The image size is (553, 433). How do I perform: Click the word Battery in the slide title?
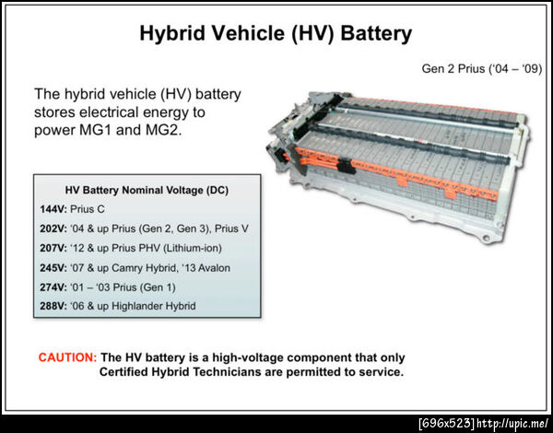tap(376, 33)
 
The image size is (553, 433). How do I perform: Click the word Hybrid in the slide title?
tap(172, 33)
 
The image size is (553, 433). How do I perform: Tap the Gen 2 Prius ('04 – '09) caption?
tap(482, 68)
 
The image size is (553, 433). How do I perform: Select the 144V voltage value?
tap(53, 209)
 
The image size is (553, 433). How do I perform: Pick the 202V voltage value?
tap(53, 228)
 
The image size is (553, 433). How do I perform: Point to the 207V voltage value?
tap(53, 248)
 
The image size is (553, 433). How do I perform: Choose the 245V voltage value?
tap(53, 268)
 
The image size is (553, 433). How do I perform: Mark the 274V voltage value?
tap(53, 287)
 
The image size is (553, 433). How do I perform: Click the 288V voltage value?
tap(53, 306)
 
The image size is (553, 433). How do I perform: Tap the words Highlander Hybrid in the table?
tap(153, 306)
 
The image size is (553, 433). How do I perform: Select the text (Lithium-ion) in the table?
tap(193, 248)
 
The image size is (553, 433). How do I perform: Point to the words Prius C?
tap(88, 209)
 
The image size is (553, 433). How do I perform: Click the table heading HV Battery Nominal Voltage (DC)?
tap(147, 191)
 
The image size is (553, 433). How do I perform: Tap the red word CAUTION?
tap(67, 357)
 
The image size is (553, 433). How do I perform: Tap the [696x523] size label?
tap(447, 423)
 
